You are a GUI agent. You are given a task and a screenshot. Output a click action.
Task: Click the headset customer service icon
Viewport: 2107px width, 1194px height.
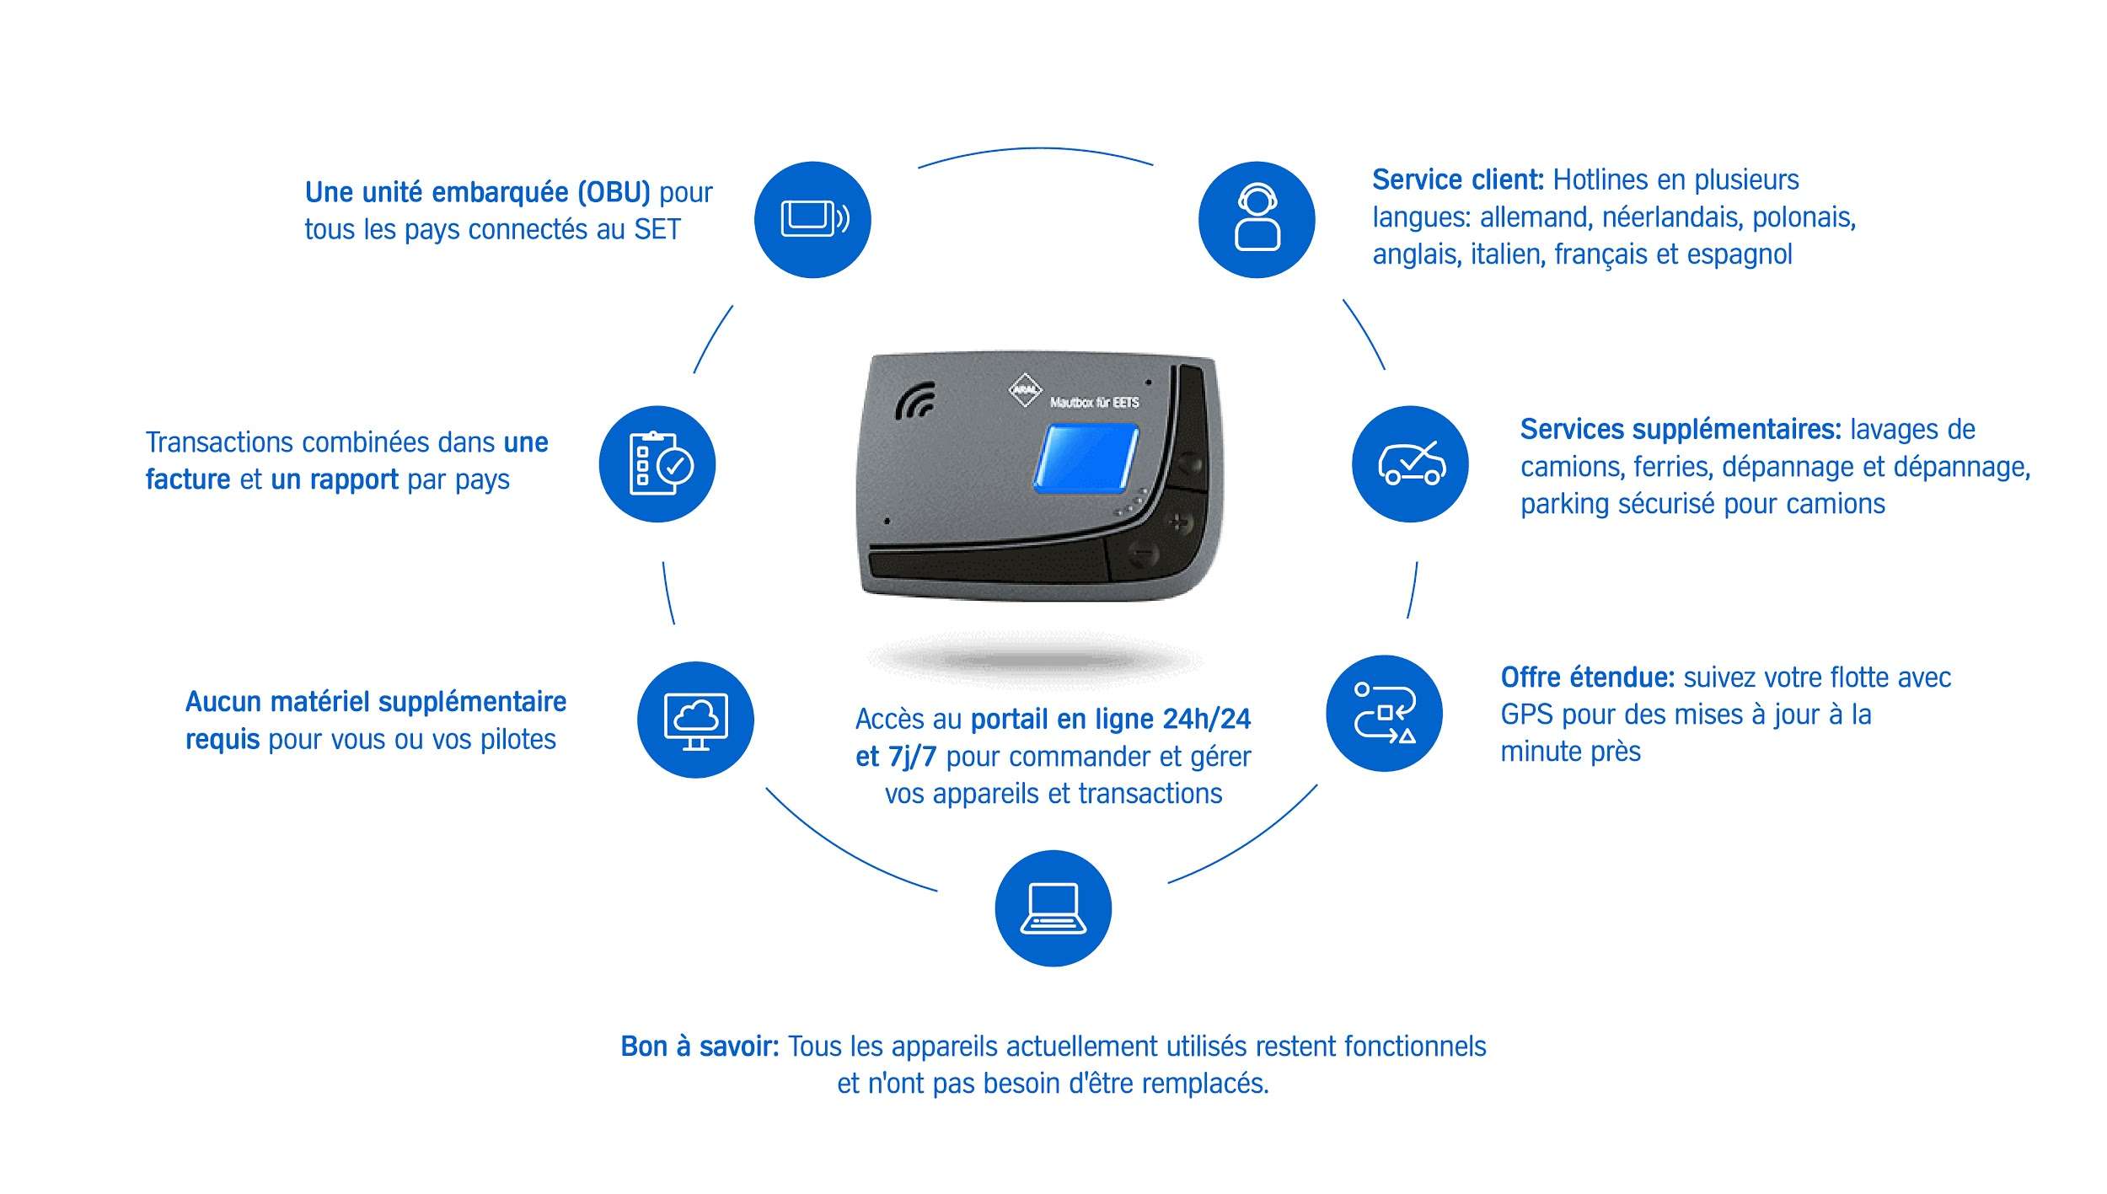click(x=1257, y=219)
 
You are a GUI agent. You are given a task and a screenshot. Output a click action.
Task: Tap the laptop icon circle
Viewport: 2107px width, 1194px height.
click(x=1053, y=908)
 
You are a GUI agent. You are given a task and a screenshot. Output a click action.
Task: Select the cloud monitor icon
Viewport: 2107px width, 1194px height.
click(x=695, y=720)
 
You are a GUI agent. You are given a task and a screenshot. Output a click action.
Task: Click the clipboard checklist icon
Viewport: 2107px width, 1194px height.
click(x=657, y=463)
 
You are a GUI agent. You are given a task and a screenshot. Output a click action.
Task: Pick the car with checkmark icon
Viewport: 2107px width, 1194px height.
click(x=1410, y=463)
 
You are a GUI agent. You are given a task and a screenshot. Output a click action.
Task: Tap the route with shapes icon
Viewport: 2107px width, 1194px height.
click(x=1384, y=713)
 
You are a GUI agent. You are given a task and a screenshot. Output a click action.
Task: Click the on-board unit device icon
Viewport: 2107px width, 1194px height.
click(x=812, y=219)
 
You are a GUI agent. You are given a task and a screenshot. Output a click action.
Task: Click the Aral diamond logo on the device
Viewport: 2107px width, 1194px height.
click(x=1025, y=389)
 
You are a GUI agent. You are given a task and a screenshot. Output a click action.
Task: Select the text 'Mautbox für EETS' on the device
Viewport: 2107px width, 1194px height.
click(x=1094, y=403)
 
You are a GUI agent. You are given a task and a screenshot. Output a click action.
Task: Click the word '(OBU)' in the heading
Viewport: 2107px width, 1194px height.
click(x=614, y=193)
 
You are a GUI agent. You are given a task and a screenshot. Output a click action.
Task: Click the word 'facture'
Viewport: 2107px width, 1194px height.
click(x=188, y=479)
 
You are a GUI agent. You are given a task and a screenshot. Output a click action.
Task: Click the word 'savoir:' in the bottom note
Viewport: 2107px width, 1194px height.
click(x=739, y=1046)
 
